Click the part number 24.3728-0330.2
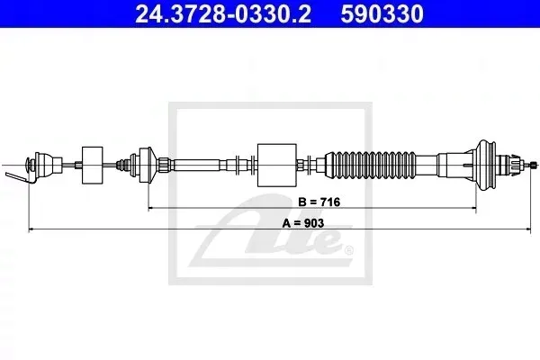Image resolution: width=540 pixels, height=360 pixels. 223,13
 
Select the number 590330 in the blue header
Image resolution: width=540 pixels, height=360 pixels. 382,13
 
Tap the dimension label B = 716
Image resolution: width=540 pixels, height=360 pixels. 319,202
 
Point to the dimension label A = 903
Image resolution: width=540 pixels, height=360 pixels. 303,223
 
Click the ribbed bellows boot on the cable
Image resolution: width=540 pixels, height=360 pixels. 371,165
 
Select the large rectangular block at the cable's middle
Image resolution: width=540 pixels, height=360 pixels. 277,165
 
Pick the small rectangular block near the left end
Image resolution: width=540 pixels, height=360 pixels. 93,165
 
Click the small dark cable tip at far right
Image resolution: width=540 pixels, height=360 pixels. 534,165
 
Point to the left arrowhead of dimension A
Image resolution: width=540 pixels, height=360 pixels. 31,229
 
